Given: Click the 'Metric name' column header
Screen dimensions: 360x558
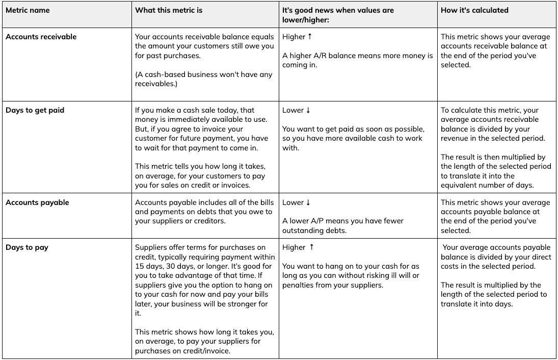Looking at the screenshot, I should (28, 10).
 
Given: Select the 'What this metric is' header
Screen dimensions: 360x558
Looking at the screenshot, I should (168, 10).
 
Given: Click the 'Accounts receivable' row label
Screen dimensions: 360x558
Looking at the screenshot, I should (41, 37).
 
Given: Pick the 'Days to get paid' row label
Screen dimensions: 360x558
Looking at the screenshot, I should (35, 110).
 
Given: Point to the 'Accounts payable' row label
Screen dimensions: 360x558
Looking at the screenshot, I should (37, 202).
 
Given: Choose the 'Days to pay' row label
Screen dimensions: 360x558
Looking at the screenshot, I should (27, 248).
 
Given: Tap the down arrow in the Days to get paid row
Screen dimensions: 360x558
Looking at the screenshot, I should (308, 110).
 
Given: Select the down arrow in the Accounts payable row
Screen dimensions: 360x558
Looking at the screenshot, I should (308, 202).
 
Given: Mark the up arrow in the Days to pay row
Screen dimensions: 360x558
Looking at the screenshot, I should (312, 247).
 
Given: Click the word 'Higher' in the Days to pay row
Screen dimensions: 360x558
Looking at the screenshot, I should (294, 248).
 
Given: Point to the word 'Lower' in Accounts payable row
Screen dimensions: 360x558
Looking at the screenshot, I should (293, 202).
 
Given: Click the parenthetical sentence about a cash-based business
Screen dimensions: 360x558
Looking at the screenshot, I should (204, 79).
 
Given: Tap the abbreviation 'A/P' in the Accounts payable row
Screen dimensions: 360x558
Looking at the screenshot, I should (314, 221).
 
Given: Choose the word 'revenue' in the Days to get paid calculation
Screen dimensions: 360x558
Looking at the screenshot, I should (455, 138).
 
